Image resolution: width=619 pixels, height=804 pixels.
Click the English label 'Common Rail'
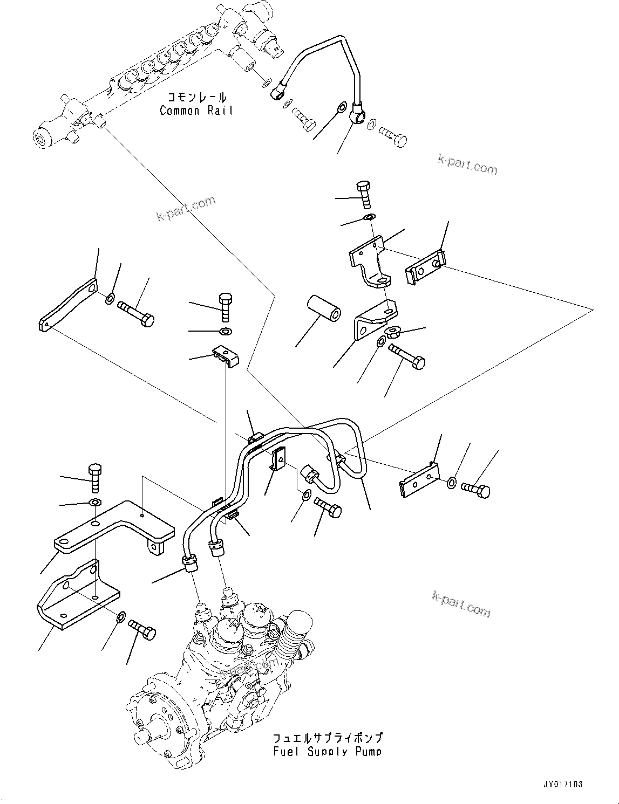coord(196,111)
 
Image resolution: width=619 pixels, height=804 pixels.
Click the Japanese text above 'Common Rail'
coord(196,98)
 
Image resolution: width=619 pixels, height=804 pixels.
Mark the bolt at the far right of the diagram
coord(476,490)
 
